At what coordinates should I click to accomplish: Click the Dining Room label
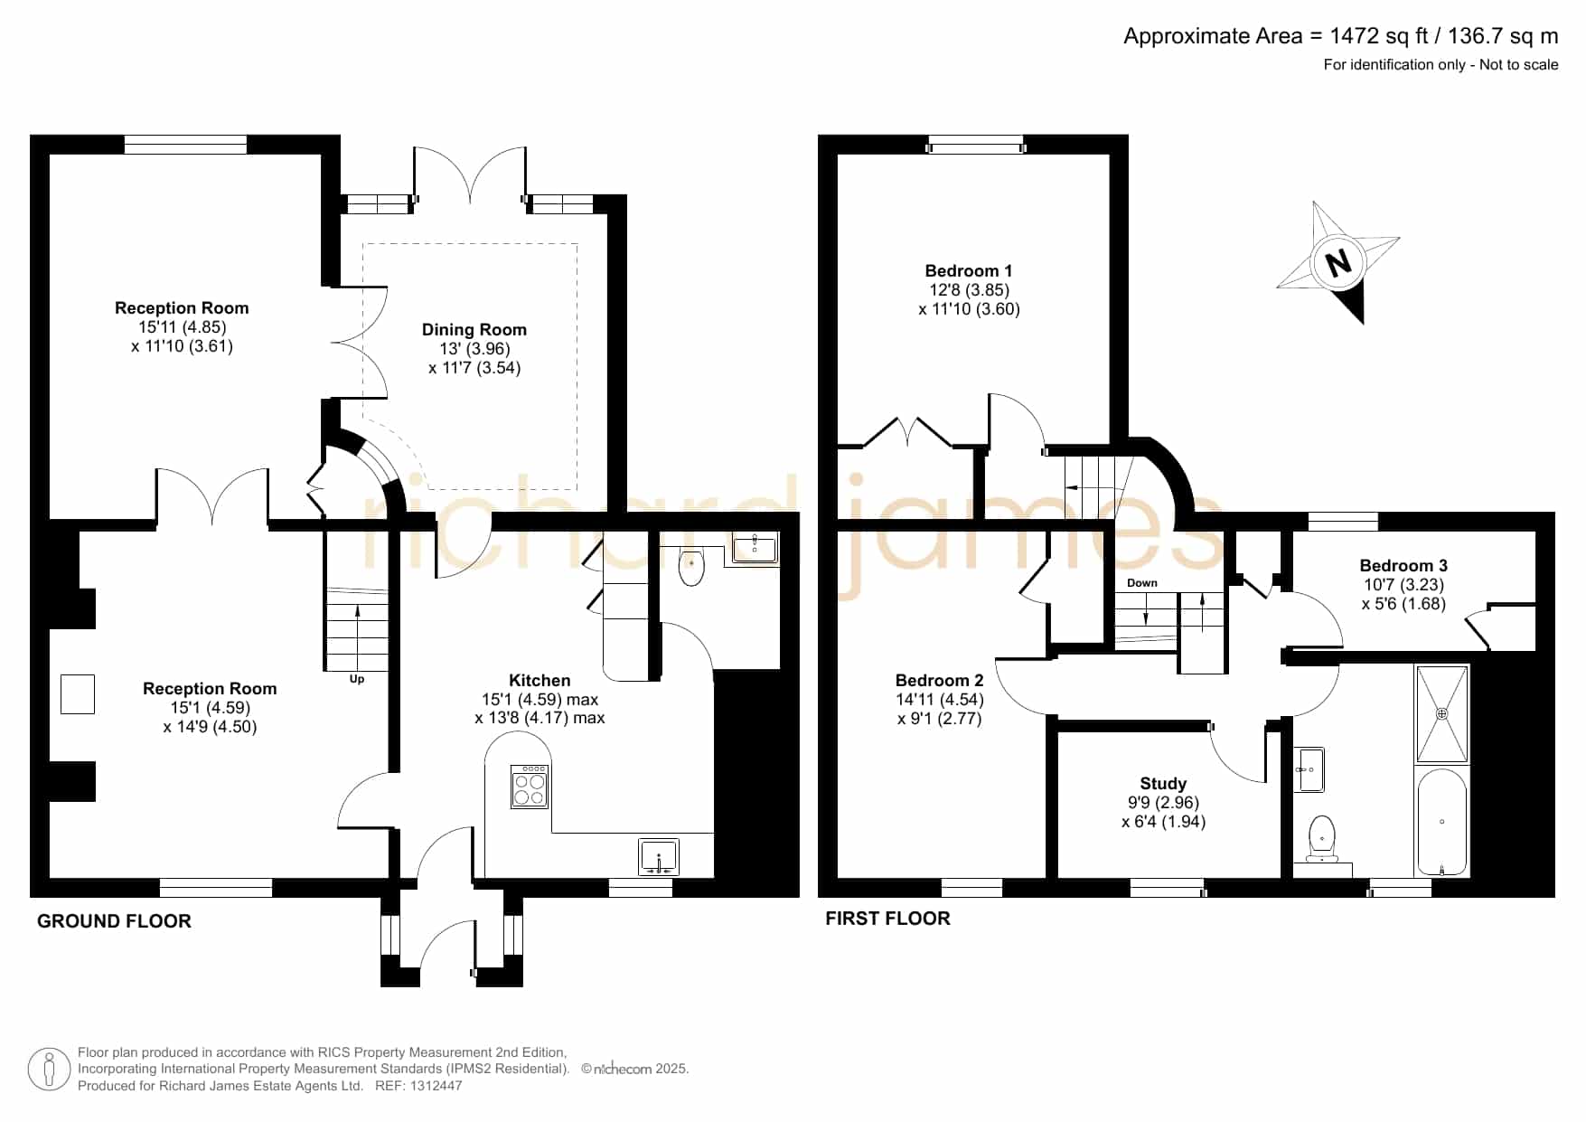(474, 330)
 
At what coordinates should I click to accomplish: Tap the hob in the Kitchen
(530, 787)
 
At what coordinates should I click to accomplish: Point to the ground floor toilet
(691, 566)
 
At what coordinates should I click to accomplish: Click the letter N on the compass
(1338, 262)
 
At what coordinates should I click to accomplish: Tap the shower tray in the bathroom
(1442, 714)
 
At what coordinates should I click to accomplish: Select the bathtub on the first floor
(1442, 822)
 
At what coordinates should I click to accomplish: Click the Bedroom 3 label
(1403, 566)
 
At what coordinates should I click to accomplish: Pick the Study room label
(1163, 784)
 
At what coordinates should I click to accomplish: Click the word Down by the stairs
(1142, 583)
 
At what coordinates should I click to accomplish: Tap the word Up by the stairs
(357, 679)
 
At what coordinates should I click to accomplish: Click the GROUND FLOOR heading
(114, 921)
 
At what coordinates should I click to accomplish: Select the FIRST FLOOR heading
(887, 919)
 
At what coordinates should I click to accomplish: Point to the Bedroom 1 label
(969, 271)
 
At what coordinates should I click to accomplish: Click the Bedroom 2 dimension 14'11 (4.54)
(940, 700)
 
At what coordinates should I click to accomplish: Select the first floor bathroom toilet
(1322, 838)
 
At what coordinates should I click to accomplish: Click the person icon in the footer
(49, 1070)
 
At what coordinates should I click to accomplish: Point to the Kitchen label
(540, 681)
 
